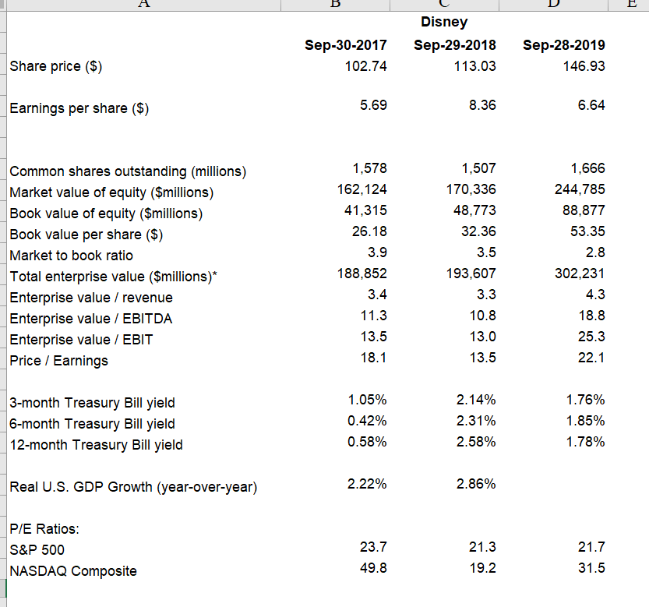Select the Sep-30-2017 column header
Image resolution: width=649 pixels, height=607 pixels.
coord(345,45)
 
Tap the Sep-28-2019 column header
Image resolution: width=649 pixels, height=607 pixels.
coord(563,45)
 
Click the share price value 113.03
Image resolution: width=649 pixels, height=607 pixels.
coord(474,66)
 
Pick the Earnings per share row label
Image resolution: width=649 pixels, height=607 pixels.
coord(79,108)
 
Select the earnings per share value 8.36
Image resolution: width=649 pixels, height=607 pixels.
coord(482,105)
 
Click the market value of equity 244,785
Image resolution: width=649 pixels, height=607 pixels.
coord(583,189)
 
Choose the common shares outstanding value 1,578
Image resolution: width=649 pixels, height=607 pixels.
coord(369,168)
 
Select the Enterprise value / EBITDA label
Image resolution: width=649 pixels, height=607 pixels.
coord(91,319)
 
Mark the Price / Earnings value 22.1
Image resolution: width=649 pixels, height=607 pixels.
coord(591,358)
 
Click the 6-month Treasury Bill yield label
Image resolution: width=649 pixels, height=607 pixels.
coord(92,424)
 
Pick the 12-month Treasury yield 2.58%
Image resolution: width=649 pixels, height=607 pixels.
coord(477,442)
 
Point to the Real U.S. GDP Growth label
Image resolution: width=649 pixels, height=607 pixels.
coord(133,488)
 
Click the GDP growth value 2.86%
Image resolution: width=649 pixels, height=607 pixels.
coord(477,484)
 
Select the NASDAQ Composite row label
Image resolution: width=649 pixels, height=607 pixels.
coord(73,571)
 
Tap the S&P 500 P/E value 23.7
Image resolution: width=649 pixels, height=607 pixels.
coord(373,547)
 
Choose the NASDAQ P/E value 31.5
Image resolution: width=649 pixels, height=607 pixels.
coord(591,568)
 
